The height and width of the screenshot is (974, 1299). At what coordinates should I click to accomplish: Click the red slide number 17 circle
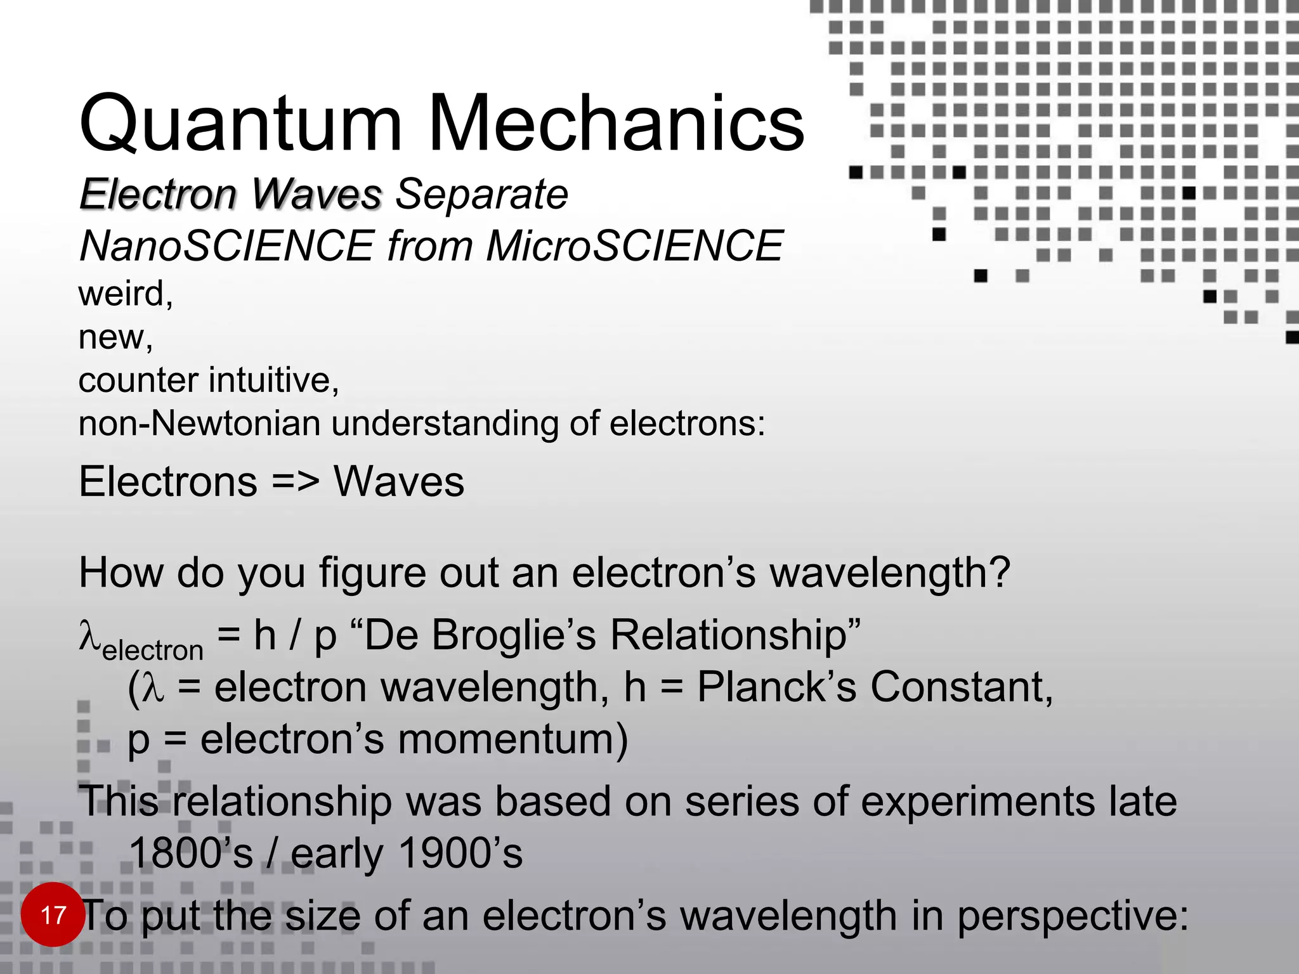(53, 914)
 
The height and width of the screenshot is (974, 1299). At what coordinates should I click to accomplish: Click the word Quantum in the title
(241, 124)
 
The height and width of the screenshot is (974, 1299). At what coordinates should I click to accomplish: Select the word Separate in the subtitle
(481, 194)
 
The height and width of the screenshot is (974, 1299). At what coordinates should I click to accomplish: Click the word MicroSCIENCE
(634, 246)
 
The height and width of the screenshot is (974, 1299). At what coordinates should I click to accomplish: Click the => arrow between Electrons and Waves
(296, 482)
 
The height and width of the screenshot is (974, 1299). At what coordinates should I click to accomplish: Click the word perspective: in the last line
(1073, 916)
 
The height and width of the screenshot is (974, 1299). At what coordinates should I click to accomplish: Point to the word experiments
(977, 802)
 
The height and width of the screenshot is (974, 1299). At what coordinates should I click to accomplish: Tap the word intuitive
(273, 380)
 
